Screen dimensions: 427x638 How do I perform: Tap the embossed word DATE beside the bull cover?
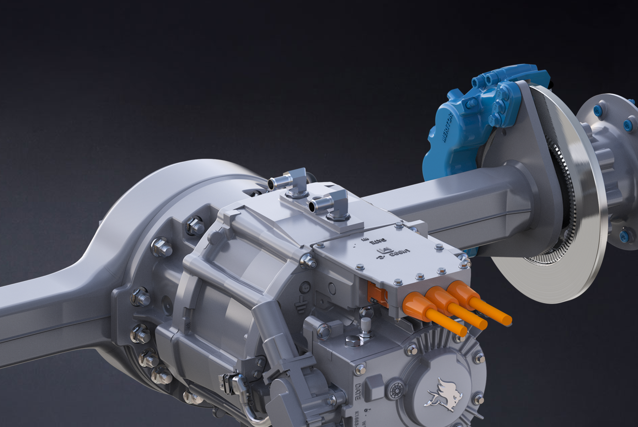(x=357, y=392)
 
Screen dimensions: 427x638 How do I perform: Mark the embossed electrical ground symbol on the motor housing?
(x=299, y=307)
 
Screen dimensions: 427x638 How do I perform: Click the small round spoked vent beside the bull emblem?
(x=397, y=391)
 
